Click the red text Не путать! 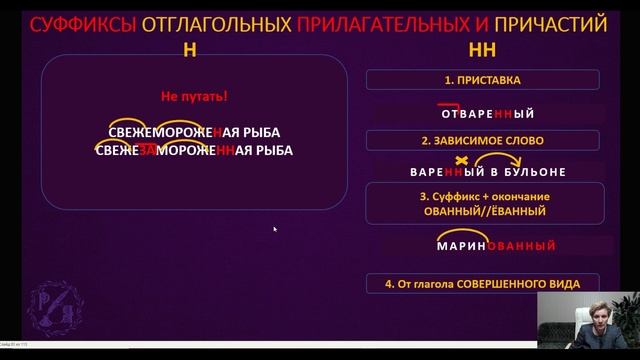coord(195,98)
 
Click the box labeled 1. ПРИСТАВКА coord(482,78)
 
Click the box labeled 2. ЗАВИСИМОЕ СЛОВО coord(482,139)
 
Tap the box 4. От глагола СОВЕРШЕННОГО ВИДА coord(482,283)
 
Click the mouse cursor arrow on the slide coord(275,229)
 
